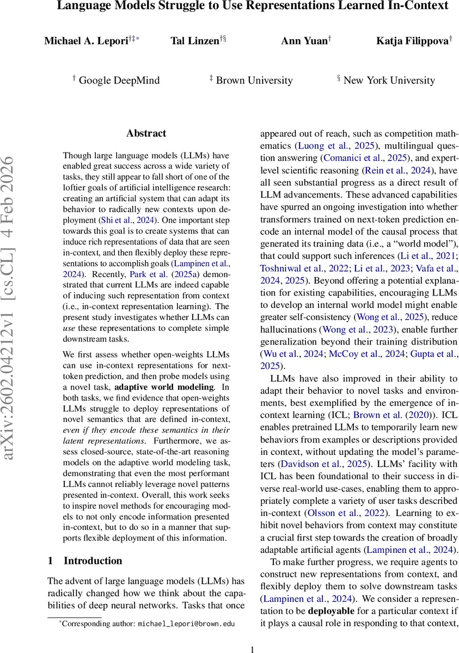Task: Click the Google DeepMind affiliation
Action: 119,80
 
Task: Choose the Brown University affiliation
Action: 254,80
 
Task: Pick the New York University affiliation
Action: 389,80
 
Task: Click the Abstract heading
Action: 146,133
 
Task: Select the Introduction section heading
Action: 93,560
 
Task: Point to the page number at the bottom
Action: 252,649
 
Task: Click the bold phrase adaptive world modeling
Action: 164,387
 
